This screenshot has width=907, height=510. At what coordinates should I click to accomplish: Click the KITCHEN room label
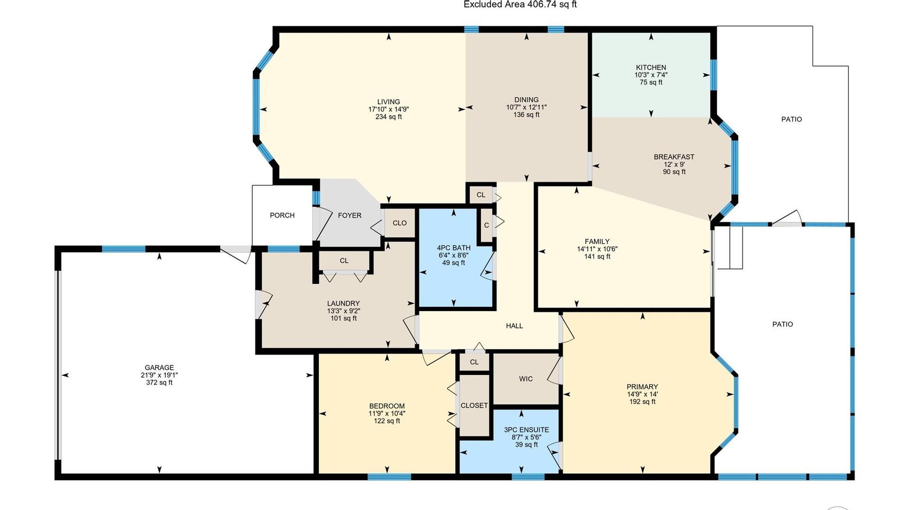click(651, 68)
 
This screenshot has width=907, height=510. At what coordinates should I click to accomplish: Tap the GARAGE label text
click(159, 367)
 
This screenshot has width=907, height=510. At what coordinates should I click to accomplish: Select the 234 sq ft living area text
click(388, 117)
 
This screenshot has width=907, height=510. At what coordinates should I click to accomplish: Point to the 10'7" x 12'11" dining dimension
click(526, 107)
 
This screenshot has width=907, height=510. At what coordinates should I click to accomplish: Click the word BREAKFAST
click(674, 157)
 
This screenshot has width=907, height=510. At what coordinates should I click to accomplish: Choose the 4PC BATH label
click(453, 247)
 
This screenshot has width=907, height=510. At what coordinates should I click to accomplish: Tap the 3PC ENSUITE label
click(526, 430)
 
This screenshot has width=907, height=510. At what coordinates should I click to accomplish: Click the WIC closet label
click(526, 379)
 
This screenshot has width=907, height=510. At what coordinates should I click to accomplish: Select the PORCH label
click(282, 215)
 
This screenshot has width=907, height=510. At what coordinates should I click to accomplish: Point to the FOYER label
click(350, 215)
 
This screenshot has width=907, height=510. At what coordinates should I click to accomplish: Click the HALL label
click(514, 326)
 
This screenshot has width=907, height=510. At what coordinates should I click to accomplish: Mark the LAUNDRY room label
click(343, 304)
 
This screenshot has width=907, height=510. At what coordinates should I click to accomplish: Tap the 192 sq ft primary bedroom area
click(642, 402)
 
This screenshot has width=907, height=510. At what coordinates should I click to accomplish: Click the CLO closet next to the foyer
click(400, 223)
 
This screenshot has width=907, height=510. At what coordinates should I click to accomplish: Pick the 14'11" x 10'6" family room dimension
click(597, 249)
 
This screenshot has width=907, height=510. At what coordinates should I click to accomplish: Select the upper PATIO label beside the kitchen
click(791, 119)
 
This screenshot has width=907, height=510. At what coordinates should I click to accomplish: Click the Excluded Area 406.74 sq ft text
click(520, 4)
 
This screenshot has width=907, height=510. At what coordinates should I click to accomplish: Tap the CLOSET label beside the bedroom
click(474, 406)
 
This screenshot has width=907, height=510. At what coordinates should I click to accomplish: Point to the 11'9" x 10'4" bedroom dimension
click(387, 414)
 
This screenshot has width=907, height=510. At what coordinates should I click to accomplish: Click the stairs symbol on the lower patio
click(730, 248)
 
